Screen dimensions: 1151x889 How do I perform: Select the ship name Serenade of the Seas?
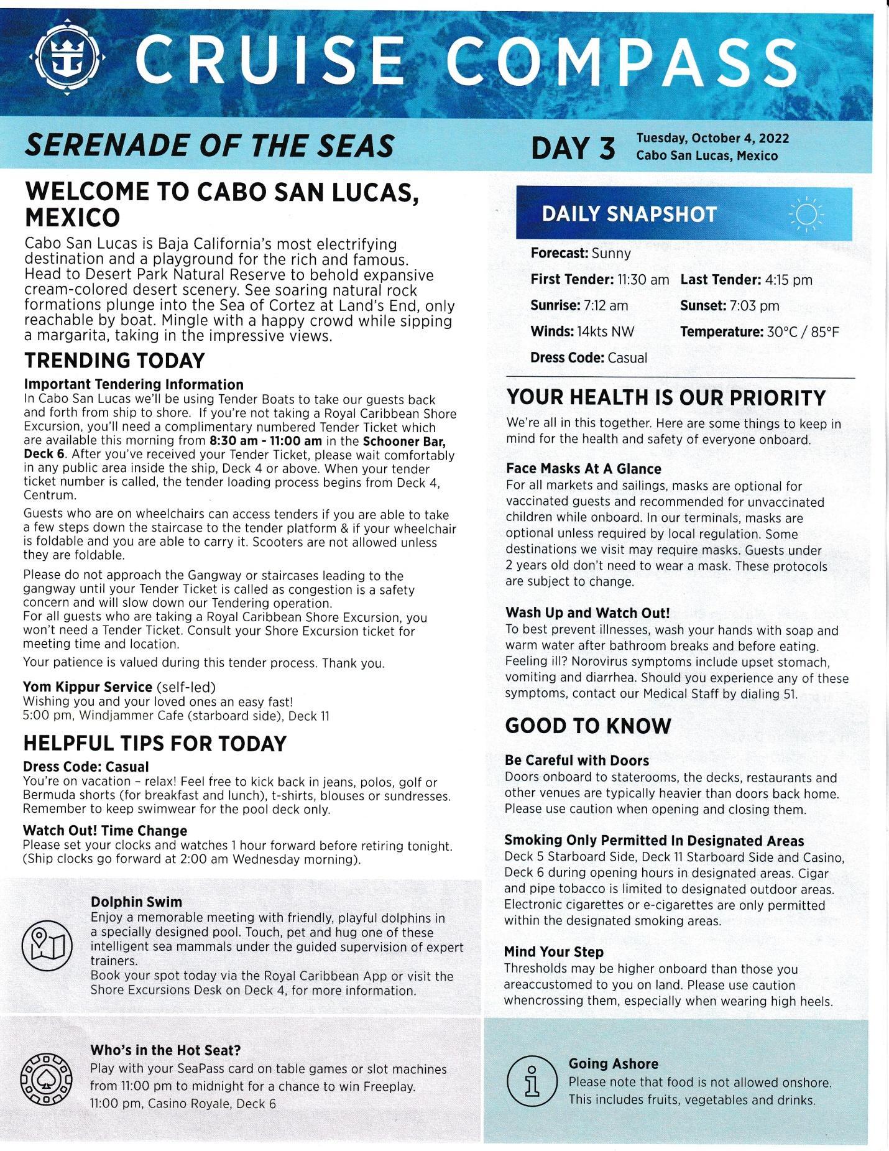click(x=209, y=146)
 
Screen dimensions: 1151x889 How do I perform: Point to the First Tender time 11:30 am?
click(x=643, y=280)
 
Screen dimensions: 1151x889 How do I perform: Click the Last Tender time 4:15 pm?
click(x=788, y=280)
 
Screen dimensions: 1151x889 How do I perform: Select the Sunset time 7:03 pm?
click(x=754, y=306)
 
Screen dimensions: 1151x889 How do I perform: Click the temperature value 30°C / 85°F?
click(x=803, y=332)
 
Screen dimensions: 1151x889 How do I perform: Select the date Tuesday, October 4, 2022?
click(x=712, y=138)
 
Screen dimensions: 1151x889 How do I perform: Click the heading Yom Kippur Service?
click(x=88, y=686)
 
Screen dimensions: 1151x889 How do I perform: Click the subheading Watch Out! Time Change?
click(x=105, y=831)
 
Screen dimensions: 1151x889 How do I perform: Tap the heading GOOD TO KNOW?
click(x=588, y=726)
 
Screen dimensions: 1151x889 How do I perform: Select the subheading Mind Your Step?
click(x=553, y=952)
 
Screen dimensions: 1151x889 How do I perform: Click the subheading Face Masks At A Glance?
click(x=583, y=469)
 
